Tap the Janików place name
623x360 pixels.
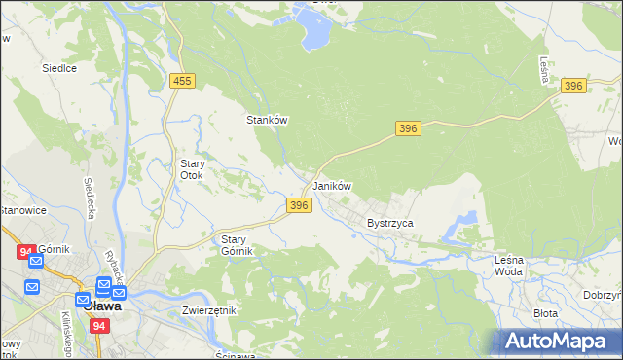(x=331, y=186)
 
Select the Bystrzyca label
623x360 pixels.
(x=390, y=223)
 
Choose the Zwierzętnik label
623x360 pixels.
(x=209, y=310)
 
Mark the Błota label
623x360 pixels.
(x=545, y=313)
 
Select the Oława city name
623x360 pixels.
(x=102, y=306)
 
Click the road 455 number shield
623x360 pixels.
(x=181, y=83)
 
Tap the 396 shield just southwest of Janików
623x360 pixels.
(x=300, y=205)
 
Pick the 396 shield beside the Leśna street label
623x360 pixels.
(x=573, y=87)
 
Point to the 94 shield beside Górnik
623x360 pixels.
(x=25, y=251)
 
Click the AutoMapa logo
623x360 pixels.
(x=558, y=341)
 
